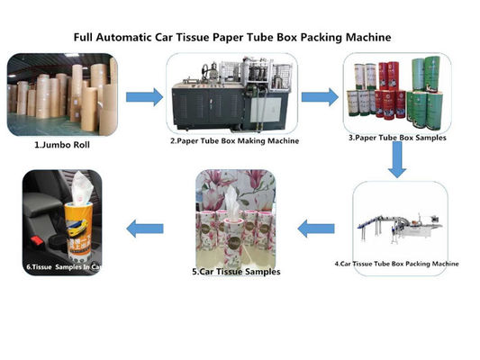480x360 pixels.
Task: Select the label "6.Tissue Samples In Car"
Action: [65, 266]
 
